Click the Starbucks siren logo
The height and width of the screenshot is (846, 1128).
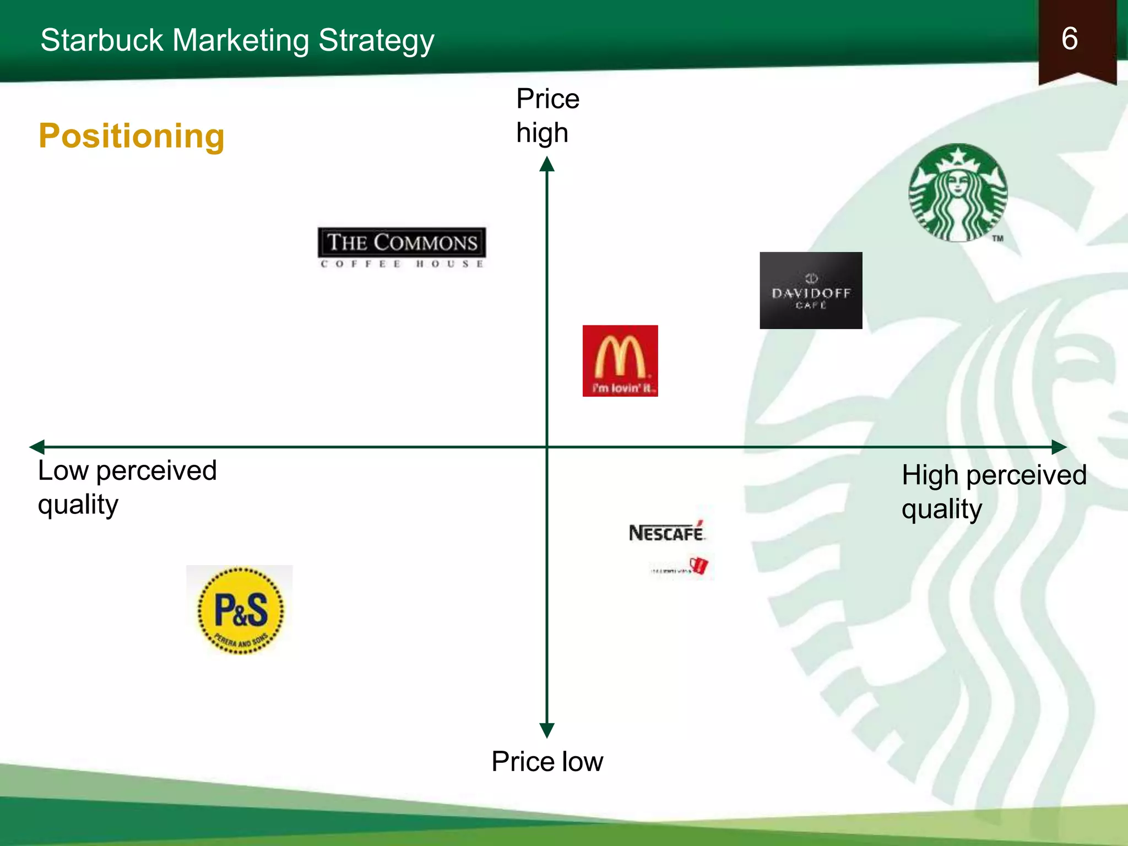click(x=958, y=193)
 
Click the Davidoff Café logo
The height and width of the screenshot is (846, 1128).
click(x=811, y=290)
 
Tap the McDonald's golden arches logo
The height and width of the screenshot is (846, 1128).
click(x=620, y=361)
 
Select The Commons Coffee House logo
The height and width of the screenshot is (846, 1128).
click(x=402, y=247)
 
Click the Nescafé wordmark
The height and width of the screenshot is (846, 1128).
click(x=666, y=533)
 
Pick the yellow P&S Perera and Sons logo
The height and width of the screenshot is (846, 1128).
click(x=241, y=610)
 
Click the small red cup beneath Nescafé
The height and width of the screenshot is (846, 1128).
click(x=699, y=565)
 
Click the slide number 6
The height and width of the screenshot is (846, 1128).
click(x=1069, y=39)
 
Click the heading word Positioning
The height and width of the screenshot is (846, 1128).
click(x=132, y=135)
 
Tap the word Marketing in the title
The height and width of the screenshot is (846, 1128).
click(x=240, y=40)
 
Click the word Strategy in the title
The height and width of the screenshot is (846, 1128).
click(x=376, y=40)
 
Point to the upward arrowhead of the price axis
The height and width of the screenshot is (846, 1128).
click(x=546, y=164)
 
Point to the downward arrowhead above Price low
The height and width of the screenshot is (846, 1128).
click(x=546, y=730)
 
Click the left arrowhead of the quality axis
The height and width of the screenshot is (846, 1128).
click(x=37, y=447)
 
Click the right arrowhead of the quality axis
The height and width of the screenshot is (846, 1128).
click(x=1059, y=447)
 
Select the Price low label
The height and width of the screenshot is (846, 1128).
click(x=547, y=761)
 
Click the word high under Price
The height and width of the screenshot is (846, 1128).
click(x=542, y=133)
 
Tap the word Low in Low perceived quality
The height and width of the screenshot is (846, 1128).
click(x=63, y=471)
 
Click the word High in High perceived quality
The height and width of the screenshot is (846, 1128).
click(x=930, y=475)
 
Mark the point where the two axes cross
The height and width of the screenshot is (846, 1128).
click(x=546, y=447)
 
